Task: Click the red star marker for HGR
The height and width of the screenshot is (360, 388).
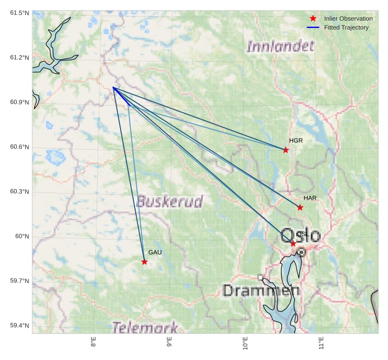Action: click(x=286, y=150)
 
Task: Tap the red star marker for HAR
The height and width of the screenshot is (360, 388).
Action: click(x=300, y=208)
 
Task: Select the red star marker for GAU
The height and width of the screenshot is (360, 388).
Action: click(x=145, y=262)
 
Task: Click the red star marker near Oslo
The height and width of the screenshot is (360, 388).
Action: click(x=293, y=243)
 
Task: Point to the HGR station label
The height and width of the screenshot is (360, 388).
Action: click(x=296, y=141)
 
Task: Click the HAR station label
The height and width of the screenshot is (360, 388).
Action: click(x=310, y=198)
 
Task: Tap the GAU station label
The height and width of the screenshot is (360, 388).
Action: click(x=155, y=252)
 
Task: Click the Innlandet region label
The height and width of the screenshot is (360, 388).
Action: click(x=280, y=46)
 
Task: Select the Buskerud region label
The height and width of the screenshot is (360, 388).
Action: click(x=170, y=201)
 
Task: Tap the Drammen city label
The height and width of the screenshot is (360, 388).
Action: click(x=261, y=290)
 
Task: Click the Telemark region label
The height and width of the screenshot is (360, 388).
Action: click(x=145, y=327)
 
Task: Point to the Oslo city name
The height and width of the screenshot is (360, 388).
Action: click(x=301, y=235)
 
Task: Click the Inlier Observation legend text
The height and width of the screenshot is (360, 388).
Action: click(x=348, y=18)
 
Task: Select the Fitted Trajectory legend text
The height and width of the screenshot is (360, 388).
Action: click(x=346, y=27)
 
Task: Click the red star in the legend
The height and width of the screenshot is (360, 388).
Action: click(x=313, y=18)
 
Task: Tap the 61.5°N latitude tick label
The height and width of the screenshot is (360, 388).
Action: click(x=20, y=13)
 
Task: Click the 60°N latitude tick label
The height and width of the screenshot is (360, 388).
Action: click(x=22, y=236)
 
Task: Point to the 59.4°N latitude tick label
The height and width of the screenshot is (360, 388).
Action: click(x=20, y=325)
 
